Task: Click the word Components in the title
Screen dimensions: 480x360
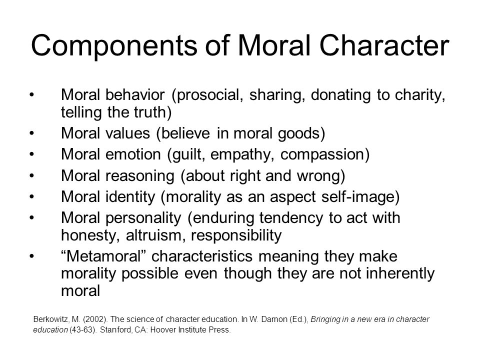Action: click(x=114, y=46)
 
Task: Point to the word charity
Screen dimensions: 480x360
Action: click(x=419, y=95)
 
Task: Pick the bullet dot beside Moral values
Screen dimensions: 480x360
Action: click(x=31, y=133)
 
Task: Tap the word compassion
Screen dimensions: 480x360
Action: click(x=321, y=154)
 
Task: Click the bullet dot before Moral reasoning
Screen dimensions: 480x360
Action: click(x=31, y=175)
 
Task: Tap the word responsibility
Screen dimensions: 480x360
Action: click(x=236, y=235)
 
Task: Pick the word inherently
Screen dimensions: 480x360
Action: click(x=400, y=273)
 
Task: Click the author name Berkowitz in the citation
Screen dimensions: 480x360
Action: click(x=51, y=319)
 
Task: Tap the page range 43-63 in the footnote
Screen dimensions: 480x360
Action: click(x=82, y=329)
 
